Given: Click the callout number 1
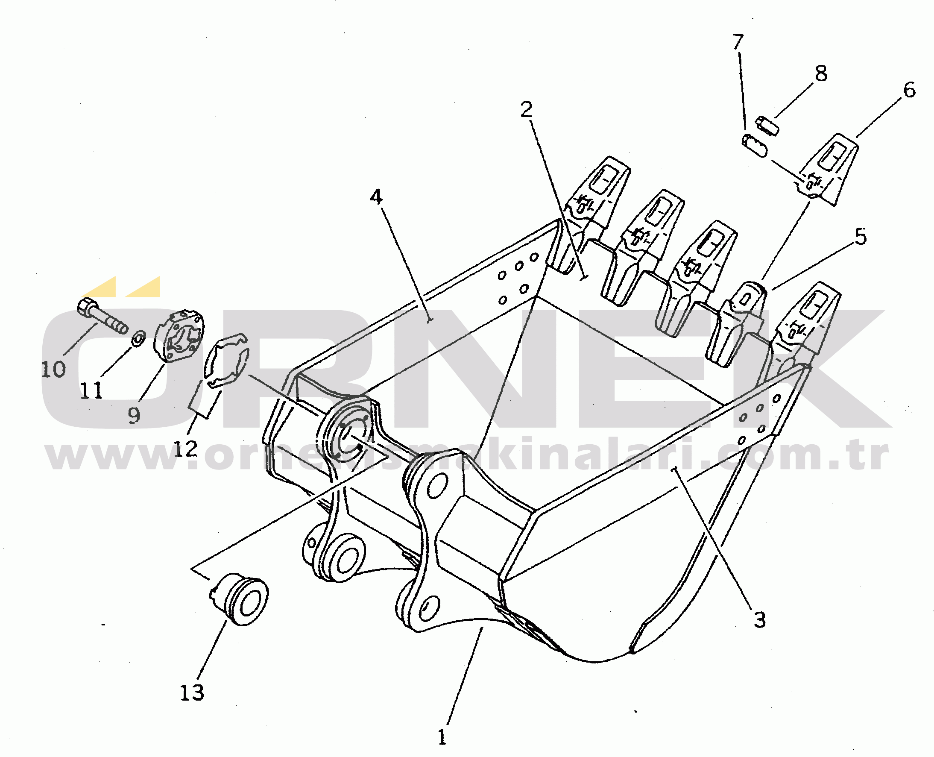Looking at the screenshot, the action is click(x=442, y=737).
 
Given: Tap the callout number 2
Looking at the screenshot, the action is click(x=527, y=109).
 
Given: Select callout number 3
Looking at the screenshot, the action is click(x=760, y=619).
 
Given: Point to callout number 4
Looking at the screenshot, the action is click(x=376, y=197).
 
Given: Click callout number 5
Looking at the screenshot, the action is click(x=861, y=237).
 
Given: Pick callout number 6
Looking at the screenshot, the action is click(x=909, y=90).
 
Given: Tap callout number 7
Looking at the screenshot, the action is click(x=738, y=41).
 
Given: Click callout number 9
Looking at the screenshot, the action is click(x=134, y=415).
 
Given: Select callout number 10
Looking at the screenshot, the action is click(x=53, y=370).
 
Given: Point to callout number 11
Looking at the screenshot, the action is click(x=91, y=390).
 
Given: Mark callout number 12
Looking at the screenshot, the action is click(x=186, y=449).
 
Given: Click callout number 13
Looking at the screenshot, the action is click(x=192, y=692).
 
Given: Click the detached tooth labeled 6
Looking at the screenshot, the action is click(x=825, y=170).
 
